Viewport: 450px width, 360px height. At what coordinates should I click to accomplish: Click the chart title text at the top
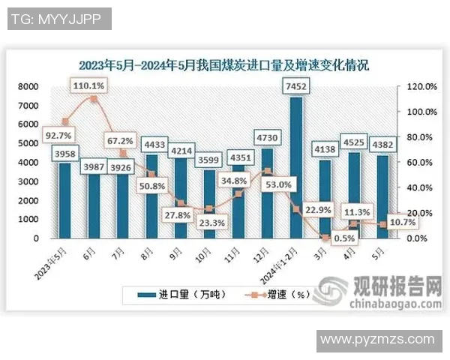point(224,65)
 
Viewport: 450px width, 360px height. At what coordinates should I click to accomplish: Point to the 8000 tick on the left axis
point(30,86)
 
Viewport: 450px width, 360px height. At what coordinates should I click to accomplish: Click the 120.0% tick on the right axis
point(420,86)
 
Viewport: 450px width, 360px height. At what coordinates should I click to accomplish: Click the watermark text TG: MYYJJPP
point(57,17)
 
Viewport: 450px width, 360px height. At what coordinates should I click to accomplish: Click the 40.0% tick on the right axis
point(420,187)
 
